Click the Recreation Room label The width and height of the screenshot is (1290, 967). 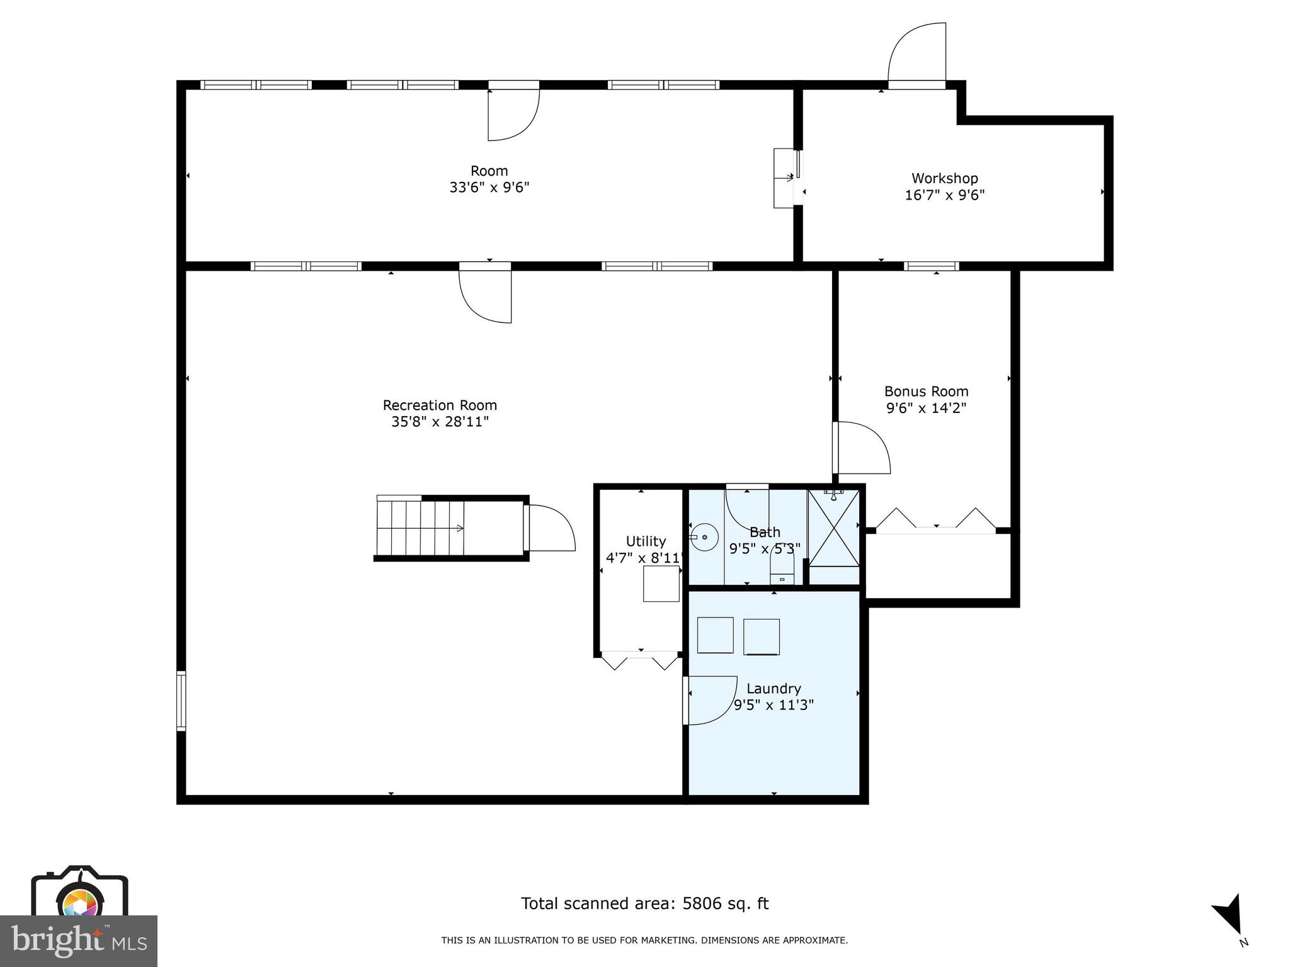[440, 405]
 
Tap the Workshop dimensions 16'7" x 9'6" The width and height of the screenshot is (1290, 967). [944, 195]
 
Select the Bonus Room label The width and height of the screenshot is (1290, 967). [926, 392]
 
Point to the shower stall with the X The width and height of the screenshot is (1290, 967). [833, 528]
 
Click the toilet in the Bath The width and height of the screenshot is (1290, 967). [782, 572]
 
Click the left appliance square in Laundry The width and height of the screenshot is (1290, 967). [716, 635]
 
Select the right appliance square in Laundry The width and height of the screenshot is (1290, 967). [762, 636]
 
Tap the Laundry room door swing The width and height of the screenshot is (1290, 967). [710, 700]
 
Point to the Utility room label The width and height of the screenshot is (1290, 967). [646, 541]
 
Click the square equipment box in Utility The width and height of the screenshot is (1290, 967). [661, 584]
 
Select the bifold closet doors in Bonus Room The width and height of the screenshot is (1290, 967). [936, 521]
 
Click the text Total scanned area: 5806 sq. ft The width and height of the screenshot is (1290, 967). [644, 903]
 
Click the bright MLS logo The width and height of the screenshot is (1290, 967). [79, 941]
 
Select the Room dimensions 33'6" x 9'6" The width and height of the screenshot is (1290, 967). [489, 188]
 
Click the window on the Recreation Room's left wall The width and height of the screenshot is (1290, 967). [181, 701]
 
